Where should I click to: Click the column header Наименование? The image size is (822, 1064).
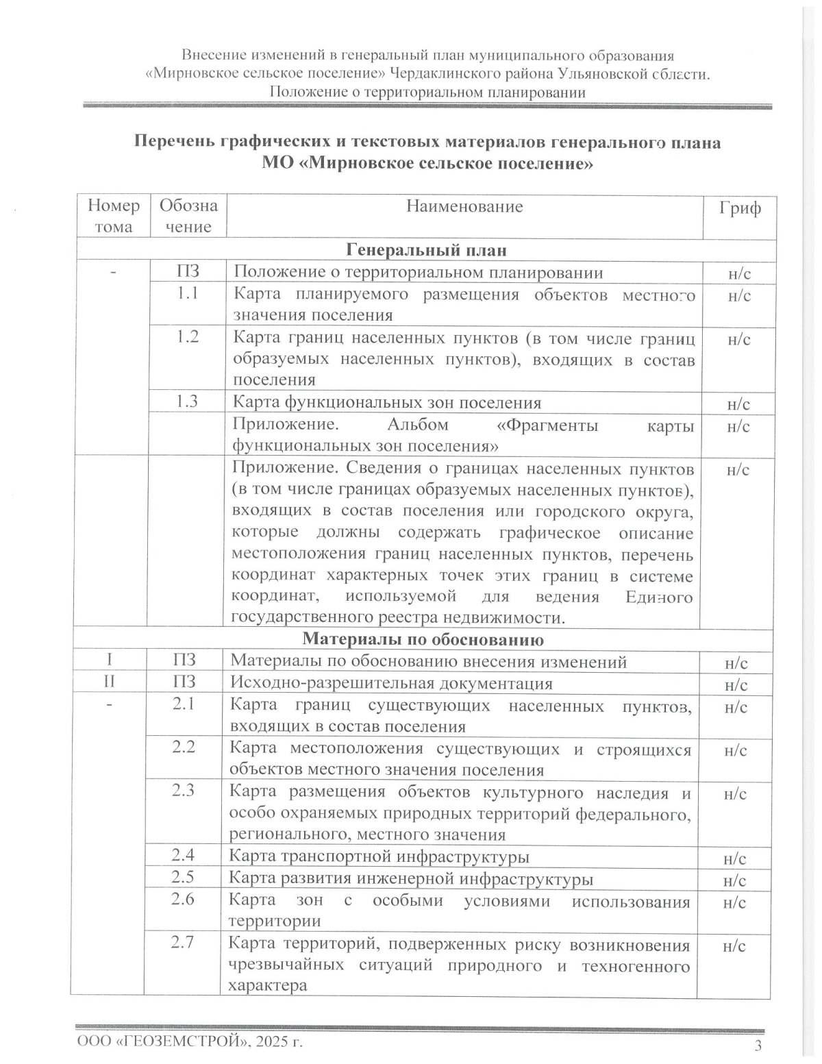coord(464,207)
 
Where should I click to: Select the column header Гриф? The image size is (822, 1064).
coord(739,208)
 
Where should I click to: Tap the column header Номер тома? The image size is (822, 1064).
coord(114,216)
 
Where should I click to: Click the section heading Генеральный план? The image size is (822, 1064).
coord(426,250)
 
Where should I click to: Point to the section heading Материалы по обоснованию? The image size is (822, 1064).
coord(423,639)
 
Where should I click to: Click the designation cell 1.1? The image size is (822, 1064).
coord(188,293)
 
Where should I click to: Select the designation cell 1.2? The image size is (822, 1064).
coord(188,336)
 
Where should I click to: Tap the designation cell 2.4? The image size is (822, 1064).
coord(183,854)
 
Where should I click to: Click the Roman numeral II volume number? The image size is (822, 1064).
coord(109,682)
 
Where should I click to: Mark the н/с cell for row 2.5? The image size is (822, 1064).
coord(734,880)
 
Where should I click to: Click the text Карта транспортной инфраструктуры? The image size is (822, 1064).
coord(378,856)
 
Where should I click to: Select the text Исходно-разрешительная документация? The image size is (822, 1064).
coord(391,683)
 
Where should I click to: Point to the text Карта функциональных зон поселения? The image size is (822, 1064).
coord(387,402)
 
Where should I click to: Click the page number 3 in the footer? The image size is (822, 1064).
coord(758,1046)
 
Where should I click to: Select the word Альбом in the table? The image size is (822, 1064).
coord(418,425)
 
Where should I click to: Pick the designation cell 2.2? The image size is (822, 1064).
coord(183,747)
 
